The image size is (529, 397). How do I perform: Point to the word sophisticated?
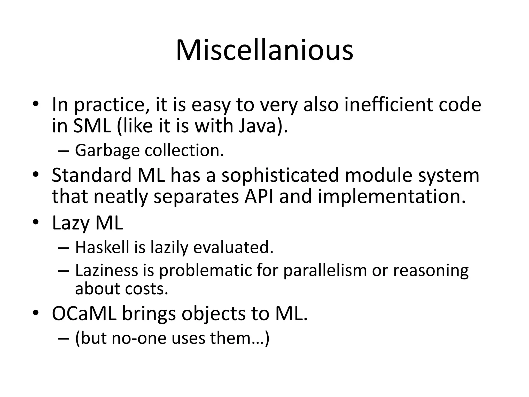tap(280, 175)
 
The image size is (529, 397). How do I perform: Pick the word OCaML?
tap(84, 314)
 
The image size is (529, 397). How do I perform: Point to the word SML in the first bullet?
tap(92, 126)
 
